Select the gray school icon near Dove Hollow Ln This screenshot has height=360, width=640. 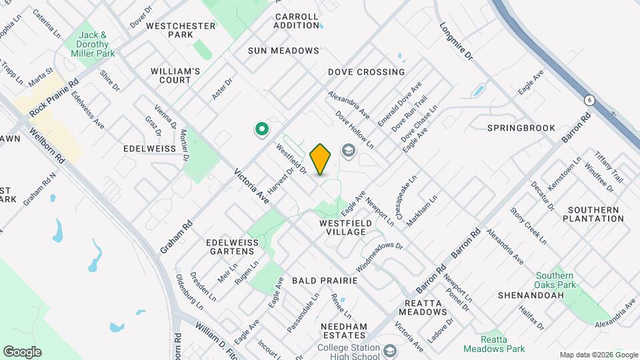[347, 151]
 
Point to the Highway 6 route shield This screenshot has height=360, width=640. [589, 100]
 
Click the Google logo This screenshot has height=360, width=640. [22, 352]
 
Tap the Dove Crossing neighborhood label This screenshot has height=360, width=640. [366, 72]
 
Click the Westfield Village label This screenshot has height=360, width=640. [342, 227]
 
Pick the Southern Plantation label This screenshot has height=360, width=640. [595, 214]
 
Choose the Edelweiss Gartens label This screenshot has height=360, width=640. [231, 247]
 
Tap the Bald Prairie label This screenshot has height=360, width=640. [325, 281]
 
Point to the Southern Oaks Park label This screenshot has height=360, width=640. [554, 281]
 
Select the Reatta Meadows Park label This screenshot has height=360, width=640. [495, 344]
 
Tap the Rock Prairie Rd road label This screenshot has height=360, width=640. [54, 97]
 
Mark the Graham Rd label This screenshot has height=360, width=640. [176, 237]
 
